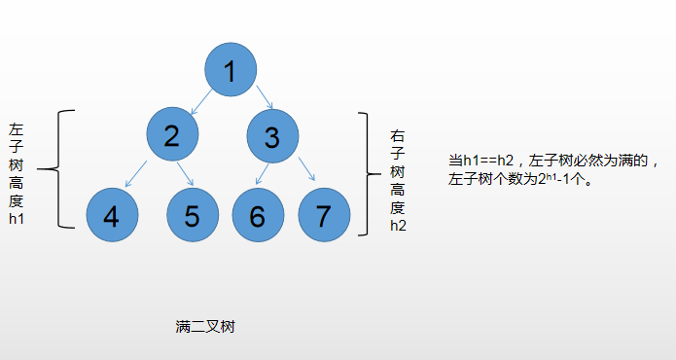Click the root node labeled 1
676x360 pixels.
231,70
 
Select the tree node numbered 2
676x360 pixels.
173,135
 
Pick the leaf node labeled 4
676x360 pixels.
112,216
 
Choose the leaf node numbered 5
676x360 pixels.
192,216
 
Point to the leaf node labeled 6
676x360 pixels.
257,216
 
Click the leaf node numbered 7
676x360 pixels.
323,216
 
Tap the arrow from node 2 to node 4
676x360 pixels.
137,173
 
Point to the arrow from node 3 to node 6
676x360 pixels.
261,173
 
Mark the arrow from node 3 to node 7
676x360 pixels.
305,170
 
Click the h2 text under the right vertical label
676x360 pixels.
398,225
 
